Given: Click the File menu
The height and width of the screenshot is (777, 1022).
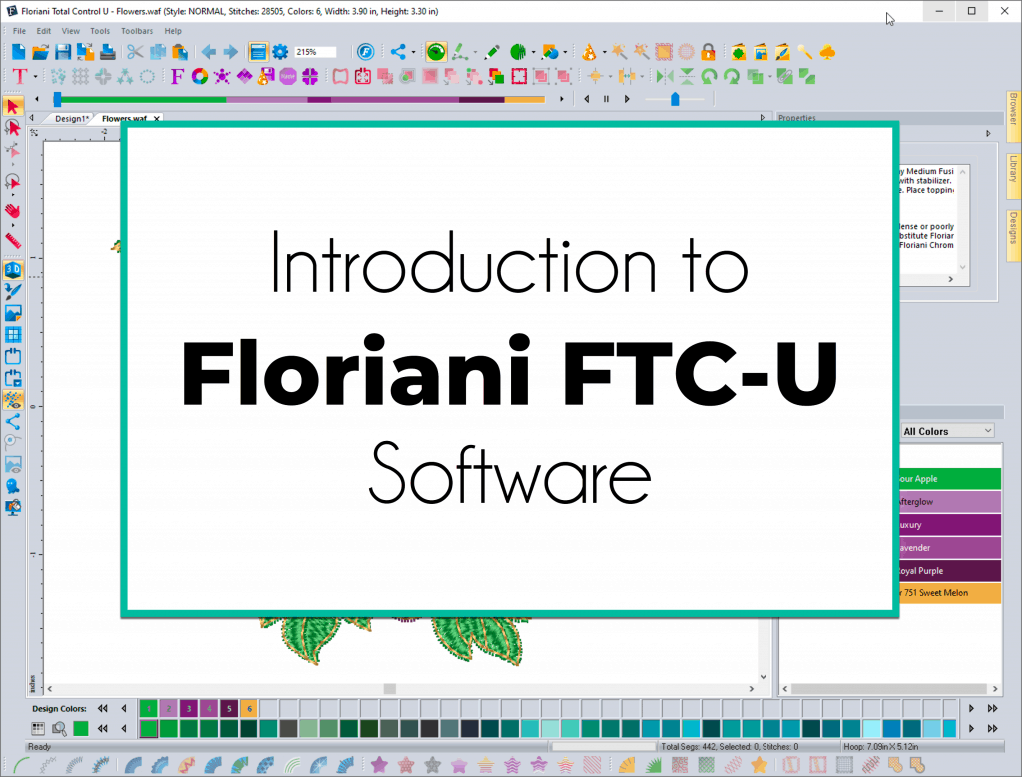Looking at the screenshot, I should pos(19,31).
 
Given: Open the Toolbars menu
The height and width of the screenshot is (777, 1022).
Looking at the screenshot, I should pos(137,31).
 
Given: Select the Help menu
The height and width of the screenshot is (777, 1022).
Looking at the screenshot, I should pos(173,31).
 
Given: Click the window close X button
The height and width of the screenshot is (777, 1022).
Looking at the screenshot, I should pos(1002,11).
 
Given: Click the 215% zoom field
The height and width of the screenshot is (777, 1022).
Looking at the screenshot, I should pos(315,52).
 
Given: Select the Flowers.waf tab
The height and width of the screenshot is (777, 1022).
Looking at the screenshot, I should pos(125,119).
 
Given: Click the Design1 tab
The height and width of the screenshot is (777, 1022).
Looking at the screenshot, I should pos(70,119).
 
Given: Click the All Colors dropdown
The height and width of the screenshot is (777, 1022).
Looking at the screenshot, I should pos(947,431).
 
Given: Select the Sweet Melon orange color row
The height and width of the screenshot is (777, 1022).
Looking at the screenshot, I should pos(947,593).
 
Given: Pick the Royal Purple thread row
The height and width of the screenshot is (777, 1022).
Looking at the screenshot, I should pos(947,571).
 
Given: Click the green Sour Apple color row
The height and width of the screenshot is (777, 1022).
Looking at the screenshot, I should pos(947,479).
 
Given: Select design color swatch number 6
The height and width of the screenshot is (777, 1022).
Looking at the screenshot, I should pos(249,708).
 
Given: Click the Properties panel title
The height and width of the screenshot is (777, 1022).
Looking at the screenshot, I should pos(797,118).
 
